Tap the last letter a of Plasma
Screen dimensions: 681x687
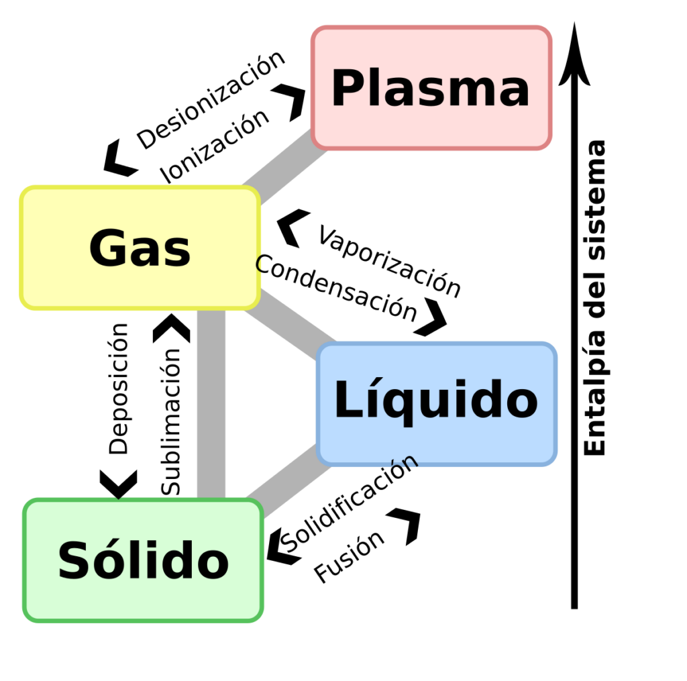click(x=514, y=92)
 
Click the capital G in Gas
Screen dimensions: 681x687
click(x=108, y=248)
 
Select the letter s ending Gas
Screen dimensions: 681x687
click(x=177, y=252)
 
